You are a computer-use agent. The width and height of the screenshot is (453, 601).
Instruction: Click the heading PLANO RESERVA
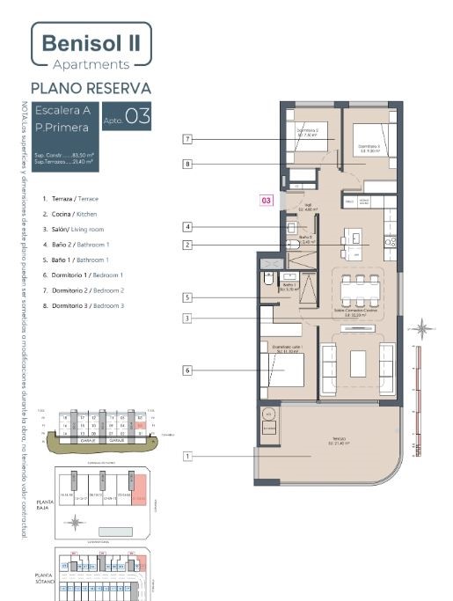tap(91, 88)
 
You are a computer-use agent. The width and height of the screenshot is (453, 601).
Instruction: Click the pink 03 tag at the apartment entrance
tap(267, 201)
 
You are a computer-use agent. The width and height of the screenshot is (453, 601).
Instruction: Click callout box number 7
tap(187, 139)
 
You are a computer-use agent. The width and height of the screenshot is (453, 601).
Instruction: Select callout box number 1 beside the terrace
tap(187, 456)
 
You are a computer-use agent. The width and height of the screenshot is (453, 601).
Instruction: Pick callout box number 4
tap(187, 227)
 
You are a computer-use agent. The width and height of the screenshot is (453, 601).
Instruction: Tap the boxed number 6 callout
tap(187, 370)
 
